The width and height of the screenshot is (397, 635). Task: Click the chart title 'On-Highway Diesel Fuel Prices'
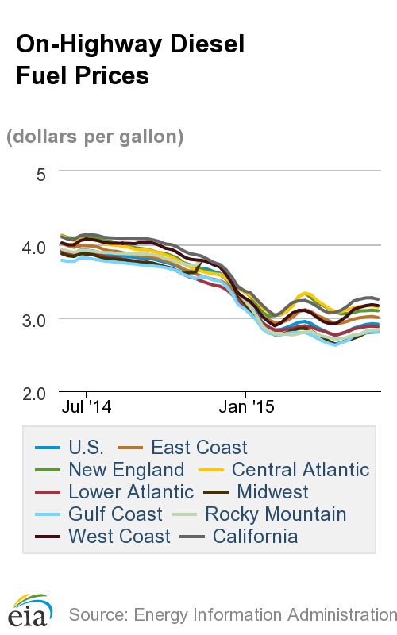(129, 60)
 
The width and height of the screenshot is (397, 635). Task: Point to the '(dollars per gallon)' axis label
(95, 137)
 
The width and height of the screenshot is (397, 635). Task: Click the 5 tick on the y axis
(41, 172)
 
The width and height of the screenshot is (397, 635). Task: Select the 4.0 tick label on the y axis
(34, 247)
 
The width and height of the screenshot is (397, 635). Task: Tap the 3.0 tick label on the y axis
(34, 320)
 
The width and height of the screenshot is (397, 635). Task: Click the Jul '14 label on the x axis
(87, 408)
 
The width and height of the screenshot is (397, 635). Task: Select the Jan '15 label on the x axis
(246, 408)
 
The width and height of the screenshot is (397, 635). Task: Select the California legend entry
(249, 537)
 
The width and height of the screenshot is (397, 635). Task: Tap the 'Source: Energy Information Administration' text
(232, 614)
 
